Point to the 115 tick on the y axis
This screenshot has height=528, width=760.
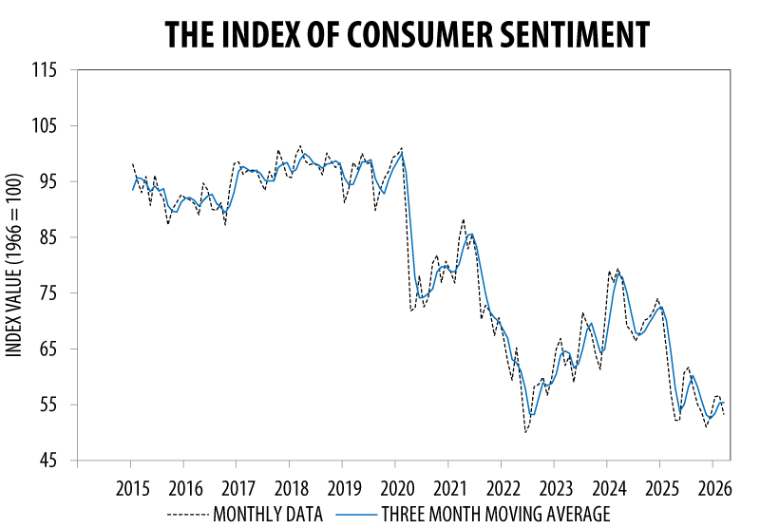point(45,70)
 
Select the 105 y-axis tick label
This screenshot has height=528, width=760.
point(45,126)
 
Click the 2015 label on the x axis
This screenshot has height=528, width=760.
point(131,490)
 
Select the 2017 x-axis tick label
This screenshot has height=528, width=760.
point(237,490)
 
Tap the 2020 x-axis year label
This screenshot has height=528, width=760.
point(396,490)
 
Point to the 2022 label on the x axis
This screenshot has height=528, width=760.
point(502,490)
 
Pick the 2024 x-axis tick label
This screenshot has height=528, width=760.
point(608,490)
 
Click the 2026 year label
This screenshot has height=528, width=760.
point(713,490)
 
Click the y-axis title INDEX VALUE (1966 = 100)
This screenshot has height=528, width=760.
point(14,266)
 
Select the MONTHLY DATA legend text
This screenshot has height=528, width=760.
point(269,515)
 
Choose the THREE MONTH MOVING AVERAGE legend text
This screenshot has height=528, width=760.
point(495,515)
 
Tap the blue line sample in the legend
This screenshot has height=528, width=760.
point(355,515)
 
